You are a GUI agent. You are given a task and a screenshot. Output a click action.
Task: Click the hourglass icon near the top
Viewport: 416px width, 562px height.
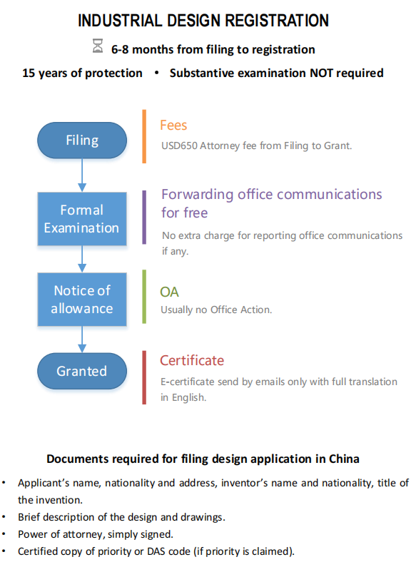click(x=98, y=46)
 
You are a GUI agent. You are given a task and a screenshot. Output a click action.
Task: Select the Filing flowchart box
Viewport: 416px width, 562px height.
click(x=82, y=140)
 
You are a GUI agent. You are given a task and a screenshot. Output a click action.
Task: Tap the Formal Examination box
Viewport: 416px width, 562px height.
click(x=82, y=219)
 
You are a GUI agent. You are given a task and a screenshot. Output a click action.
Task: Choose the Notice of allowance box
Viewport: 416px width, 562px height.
click(x=82, y=300)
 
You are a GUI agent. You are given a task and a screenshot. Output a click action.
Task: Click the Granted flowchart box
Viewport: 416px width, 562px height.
click(x=82, y=371)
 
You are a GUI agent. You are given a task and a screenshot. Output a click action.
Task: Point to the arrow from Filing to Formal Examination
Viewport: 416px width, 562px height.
click(x=82, y=175)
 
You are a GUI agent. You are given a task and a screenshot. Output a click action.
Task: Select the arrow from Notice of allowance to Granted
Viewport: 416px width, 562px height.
click(x=82, y=339)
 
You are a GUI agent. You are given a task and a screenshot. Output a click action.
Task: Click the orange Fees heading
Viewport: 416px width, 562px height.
click(x=173, y=126)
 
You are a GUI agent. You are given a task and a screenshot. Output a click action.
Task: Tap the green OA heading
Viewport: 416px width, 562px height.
click(x=169, y=292)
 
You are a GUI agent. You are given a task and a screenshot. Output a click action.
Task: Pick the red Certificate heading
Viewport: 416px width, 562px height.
click(x=192, y=361)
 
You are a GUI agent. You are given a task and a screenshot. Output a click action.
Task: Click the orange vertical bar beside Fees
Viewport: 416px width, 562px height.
click(x=144, y=136)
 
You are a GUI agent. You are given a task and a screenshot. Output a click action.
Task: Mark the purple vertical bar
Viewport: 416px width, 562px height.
click(x=144, y=218)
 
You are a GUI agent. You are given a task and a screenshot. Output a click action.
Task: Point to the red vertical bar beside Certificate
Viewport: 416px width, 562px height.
click(x=144, y=377)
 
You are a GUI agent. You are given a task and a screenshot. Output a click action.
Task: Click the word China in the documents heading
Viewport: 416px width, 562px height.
click(x=344, y=459)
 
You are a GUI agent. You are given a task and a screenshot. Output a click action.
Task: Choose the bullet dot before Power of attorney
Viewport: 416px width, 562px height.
click(x=4, y=534)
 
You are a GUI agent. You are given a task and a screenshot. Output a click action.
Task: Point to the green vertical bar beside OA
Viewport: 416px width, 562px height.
click(x=144, y=297)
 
